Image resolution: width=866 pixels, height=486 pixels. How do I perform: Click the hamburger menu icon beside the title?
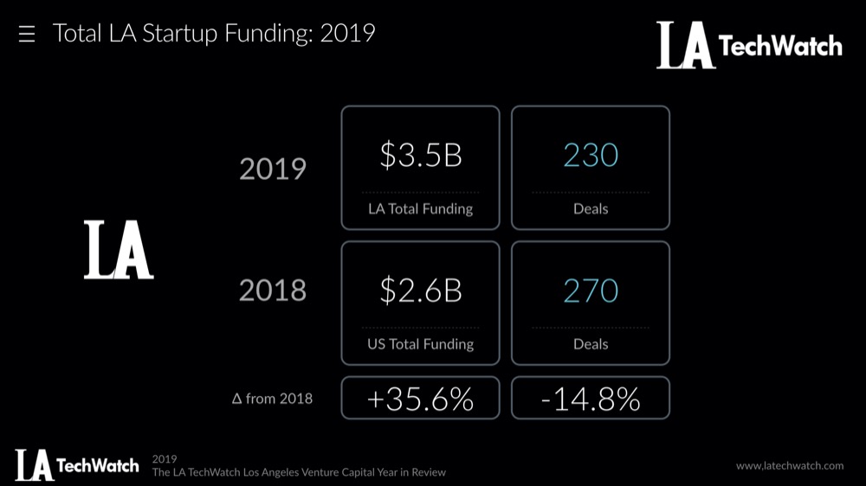[27, 35]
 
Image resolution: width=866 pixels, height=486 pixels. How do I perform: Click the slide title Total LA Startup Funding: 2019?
[214, 34]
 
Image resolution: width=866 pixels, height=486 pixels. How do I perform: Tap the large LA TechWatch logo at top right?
[748, 45]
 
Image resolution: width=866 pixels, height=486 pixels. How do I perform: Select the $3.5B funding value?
[420, 156]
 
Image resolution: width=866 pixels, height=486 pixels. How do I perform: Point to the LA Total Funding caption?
[420, 208]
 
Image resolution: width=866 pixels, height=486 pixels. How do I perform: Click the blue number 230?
[590, 156]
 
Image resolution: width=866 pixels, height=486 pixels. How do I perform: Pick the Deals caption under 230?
[590, 208]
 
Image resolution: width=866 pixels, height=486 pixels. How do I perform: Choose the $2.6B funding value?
[420, 291]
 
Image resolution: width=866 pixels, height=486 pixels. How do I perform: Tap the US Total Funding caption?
[420, 343]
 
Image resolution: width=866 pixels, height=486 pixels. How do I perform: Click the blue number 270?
[590, 291]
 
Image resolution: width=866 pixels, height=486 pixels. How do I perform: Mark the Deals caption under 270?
[590, 343]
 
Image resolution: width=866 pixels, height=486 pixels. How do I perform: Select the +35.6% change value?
[420, 399]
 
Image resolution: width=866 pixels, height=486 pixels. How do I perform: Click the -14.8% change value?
[590, 399]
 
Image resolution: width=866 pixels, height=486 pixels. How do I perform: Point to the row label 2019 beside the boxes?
[273, 169]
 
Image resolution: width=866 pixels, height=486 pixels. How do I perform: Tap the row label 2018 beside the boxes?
[273, 291]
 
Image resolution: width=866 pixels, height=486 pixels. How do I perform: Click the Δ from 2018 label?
[273, 399]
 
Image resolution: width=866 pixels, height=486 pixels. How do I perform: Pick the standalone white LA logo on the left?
[119, 250]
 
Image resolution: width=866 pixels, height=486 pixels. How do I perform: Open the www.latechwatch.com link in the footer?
[789, 465]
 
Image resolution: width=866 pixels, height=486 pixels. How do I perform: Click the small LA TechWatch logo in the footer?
[76, 465]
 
